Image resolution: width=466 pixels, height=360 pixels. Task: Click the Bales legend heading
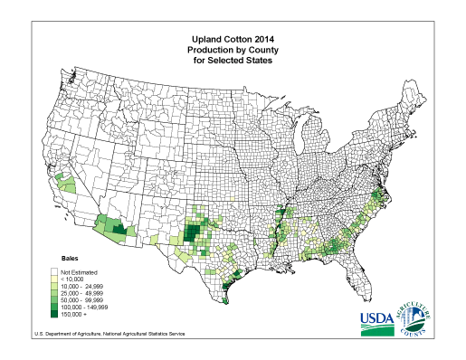tap(71, 259)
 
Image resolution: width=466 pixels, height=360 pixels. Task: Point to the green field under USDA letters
tap(378, 329)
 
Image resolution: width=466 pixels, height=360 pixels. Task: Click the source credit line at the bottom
tap(109, 334)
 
